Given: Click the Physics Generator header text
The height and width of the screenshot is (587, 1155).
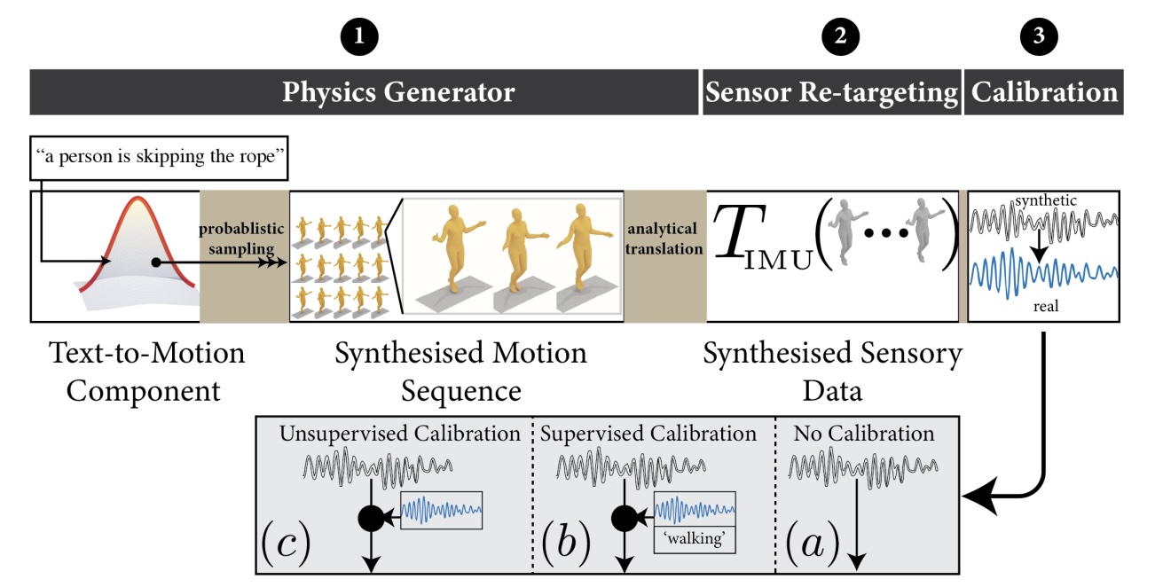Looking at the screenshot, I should [398, 92].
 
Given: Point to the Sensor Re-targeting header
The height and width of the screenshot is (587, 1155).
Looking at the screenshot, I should [831, 92].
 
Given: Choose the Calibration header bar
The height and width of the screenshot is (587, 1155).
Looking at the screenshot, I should [1044, 92].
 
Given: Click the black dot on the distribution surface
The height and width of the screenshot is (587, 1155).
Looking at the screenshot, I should [155, 262].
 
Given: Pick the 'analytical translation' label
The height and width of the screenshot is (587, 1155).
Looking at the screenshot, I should [664, 240].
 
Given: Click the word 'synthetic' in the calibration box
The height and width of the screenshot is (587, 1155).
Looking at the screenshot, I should [1047, 201].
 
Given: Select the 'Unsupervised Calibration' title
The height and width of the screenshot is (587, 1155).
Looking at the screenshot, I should [399, 434].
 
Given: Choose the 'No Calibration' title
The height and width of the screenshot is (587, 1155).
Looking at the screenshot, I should [863, 434].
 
